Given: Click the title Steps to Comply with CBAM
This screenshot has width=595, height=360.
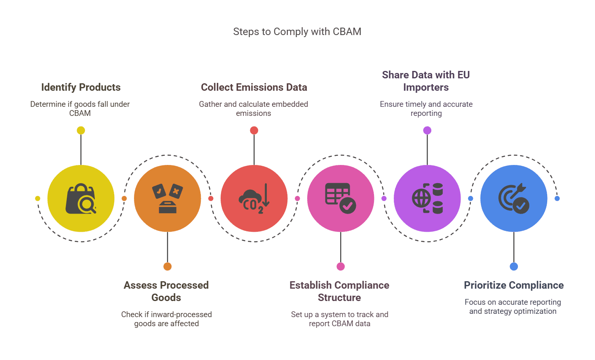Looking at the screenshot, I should click(x=297, y=32).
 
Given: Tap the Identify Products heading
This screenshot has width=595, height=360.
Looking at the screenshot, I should click(x=81, y=87).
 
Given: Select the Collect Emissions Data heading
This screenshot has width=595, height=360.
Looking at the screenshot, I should click(x=254, y=87).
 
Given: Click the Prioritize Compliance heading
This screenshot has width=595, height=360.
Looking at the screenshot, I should click(x=514, y=285).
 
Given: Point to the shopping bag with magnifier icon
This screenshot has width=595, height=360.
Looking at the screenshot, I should click(x=81, y=199).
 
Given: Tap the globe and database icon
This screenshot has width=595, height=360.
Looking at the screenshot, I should click(x=427, y=199).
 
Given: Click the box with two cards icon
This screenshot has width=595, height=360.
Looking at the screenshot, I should click(x=167, y=199).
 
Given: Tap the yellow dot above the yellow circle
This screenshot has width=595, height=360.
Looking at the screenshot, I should click(x=81, y=130).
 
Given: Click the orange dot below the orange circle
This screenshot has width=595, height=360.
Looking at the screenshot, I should click(x=167, y=266).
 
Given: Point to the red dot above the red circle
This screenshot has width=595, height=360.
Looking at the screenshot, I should click(x=254, y=130).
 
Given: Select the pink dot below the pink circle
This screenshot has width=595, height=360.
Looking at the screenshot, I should click(x=341, y=266).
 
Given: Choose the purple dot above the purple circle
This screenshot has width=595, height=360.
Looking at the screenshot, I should click(x=427, y=130).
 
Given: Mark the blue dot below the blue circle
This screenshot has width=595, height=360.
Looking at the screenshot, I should click(x=514, y=266).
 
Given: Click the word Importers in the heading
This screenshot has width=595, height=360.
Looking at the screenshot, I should click(x=426, y=87).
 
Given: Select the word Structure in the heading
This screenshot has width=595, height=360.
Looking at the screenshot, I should click(x=339, y=298).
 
